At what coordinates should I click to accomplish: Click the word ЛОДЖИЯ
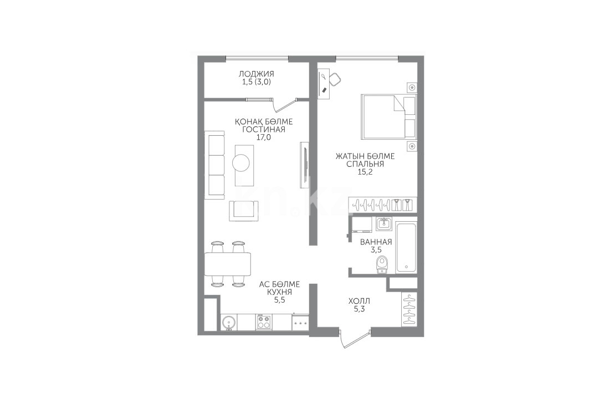point(256,74)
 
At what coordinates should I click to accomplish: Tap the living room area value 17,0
point(263,137)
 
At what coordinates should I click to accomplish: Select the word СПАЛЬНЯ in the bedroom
point(365,164)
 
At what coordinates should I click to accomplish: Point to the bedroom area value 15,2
point(365,172)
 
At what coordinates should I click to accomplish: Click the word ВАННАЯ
point(376,242)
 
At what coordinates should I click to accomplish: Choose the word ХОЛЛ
point(359,302)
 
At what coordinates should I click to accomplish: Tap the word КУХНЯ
point(279,292)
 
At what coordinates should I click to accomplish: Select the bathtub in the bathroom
point(406,248)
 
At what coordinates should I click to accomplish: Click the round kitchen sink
point(229,323)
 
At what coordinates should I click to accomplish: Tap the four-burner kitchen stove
point(264,323)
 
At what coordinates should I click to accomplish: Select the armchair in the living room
point(244,211)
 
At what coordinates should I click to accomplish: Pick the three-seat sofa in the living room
point(214,165)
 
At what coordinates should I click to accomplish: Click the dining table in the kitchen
point(228,264)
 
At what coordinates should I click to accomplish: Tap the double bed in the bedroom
point(388,116)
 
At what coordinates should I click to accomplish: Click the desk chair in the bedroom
point(335,79)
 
